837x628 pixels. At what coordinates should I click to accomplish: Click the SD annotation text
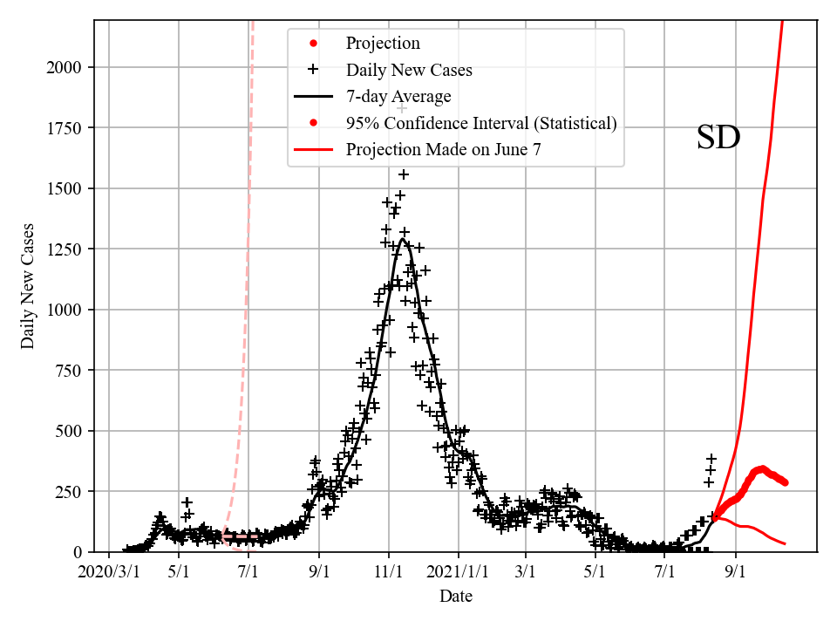718,138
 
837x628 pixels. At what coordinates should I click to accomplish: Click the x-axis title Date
456,597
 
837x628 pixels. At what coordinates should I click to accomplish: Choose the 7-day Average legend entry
398,96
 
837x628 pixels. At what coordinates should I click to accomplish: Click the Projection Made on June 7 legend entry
443,149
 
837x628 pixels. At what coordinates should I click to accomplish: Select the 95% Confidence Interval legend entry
481,123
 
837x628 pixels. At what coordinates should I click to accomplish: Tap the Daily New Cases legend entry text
409,70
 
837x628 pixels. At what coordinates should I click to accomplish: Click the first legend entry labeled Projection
383,44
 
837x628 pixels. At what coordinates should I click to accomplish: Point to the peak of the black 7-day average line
403,239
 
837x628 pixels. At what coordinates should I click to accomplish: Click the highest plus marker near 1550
404,174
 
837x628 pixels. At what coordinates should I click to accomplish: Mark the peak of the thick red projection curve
762,468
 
